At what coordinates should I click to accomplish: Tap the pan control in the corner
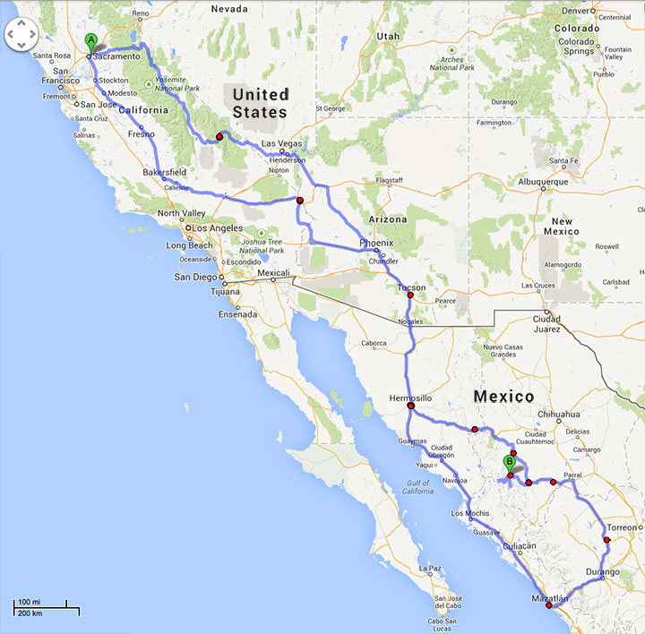click(21, 36)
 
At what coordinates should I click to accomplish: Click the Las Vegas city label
click(281, 143)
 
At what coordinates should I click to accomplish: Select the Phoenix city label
click(376, 243)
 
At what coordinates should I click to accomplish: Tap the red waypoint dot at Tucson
click(410, 296)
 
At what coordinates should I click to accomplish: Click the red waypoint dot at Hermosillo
click(410, 407)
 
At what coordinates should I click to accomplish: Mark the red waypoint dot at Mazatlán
click(549, 605)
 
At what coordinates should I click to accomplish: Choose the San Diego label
click(194, 277)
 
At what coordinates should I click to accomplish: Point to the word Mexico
click(504, 396)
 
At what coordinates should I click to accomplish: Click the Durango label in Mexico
click(602, 571)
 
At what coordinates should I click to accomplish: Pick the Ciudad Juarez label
click(546, 322)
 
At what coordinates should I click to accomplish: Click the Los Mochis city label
click(469, 513)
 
